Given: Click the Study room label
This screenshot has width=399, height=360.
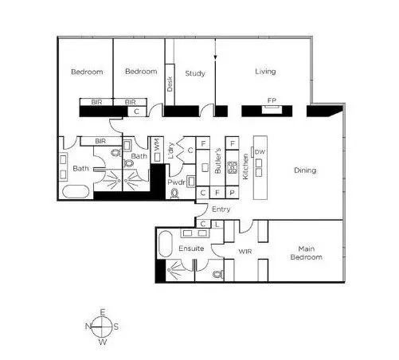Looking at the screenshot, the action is (x=195, y=73).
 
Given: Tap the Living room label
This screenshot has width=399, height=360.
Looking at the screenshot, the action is (x=265, y=72).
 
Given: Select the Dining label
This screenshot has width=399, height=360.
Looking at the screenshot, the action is (x=305, y=170).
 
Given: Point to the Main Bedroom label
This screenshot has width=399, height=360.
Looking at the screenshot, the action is (x=307, y=252).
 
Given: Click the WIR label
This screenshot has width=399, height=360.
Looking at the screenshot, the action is (x=245, y=251).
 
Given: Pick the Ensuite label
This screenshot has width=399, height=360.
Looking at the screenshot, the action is (x=191, y=248).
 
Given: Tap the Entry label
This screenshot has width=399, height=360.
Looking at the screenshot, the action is (x=221, y=209).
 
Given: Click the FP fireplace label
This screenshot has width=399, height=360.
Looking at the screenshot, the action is (x=272, y=100).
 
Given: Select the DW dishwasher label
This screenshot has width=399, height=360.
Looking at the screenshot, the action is (x=260, y=152).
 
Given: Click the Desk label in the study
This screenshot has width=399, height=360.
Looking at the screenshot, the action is (x=170, y=84).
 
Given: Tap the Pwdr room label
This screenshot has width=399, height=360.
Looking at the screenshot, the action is (x=177, y=182).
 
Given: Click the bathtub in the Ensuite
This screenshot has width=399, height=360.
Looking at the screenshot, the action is (x=165, y=244).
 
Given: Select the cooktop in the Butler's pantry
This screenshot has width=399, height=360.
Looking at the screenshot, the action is (x=232, y=167).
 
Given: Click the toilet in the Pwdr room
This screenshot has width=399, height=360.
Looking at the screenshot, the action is (x=174, y=193).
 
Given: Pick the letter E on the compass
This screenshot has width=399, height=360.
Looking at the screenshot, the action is (x=103, y=312).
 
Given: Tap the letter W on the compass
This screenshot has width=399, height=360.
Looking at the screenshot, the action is (x=103, y=342).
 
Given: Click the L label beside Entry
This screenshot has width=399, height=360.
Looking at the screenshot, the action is (x=217, y=225).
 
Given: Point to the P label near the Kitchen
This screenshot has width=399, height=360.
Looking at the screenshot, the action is (x=232, y=193).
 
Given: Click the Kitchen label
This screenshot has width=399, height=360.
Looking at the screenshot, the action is (x=245, y=166).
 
